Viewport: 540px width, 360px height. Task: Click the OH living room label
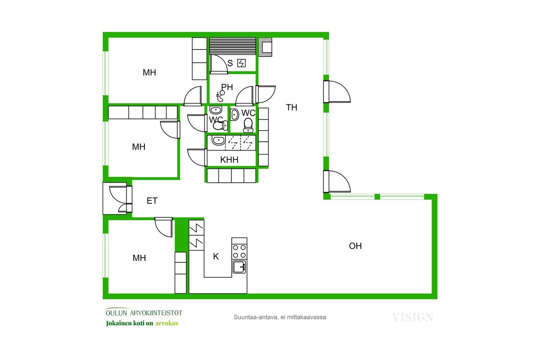355,246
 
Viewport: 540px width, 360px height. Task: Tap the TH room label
292,107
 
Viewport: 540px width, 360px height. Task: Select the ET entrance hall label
152,201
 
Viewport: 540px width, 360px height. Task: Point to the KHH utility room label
229,160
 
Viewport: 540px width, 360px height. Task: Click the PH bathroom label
227,87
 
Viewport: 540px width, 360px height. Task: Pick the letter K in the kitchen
216,256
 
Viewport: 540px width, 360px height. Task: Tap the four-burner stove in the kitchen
239,251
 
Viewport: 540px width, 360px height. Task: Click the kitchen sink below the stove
239,267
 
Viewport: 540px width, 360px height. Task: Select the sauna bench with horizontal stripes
233,46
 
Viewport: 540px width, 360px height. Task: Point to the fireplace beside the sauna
265,47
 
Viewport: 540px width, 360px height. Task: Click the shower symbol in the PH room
220,96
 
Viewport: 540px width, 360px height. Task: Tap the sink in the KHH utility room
218,140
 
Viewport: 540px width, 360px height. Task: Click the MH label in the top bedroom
149,72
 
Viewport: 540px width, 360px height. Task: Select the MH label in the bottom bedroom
139,258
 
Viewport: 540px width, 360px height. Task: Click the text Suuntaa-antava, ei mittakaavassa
280,317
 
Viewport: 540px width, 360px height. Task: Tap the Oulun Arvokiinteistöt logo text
144,313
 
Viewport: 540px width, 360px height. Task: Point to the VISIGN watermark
413,317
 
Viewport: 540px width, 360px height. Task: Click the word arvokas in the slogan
166,323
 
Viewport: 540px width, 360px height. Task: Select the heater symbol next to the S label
242,63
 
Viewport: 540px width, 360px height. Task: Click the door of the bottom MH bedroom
164,227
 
